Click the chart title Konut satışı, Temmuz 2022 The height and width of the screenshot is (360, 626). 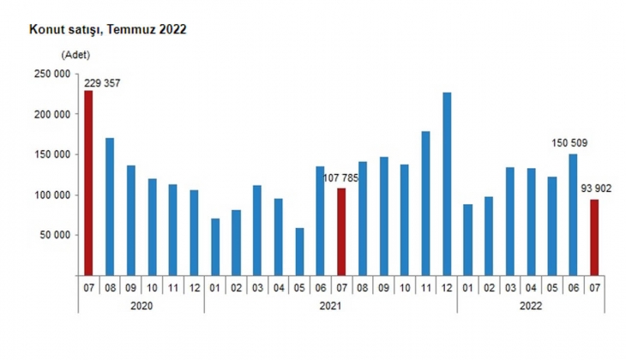(108, 28)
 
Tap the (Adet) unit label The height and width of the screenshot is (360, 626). (75, 55)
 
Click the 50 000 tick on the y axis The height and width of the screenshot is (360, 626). (52, 235)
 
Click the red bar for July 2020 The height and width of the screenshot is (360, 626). (88, 183)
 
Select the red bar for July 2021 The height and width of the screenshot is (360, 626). (340, 231)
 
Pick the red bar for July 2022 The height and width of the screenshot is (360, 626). (593, 237)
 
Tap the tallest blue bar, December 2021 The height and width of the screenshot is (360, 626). (446, 183)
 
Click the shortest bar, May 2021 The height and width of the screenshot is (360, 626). (298, 251)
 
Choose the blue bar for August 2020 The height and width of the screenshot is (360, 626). (110, 206)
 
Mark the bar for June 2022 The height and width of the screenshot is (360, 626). (572, 214)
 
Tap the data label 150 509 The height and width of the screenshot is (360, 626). (570, 143)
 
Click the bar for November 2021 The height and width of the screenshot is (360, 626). (425, 203)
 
